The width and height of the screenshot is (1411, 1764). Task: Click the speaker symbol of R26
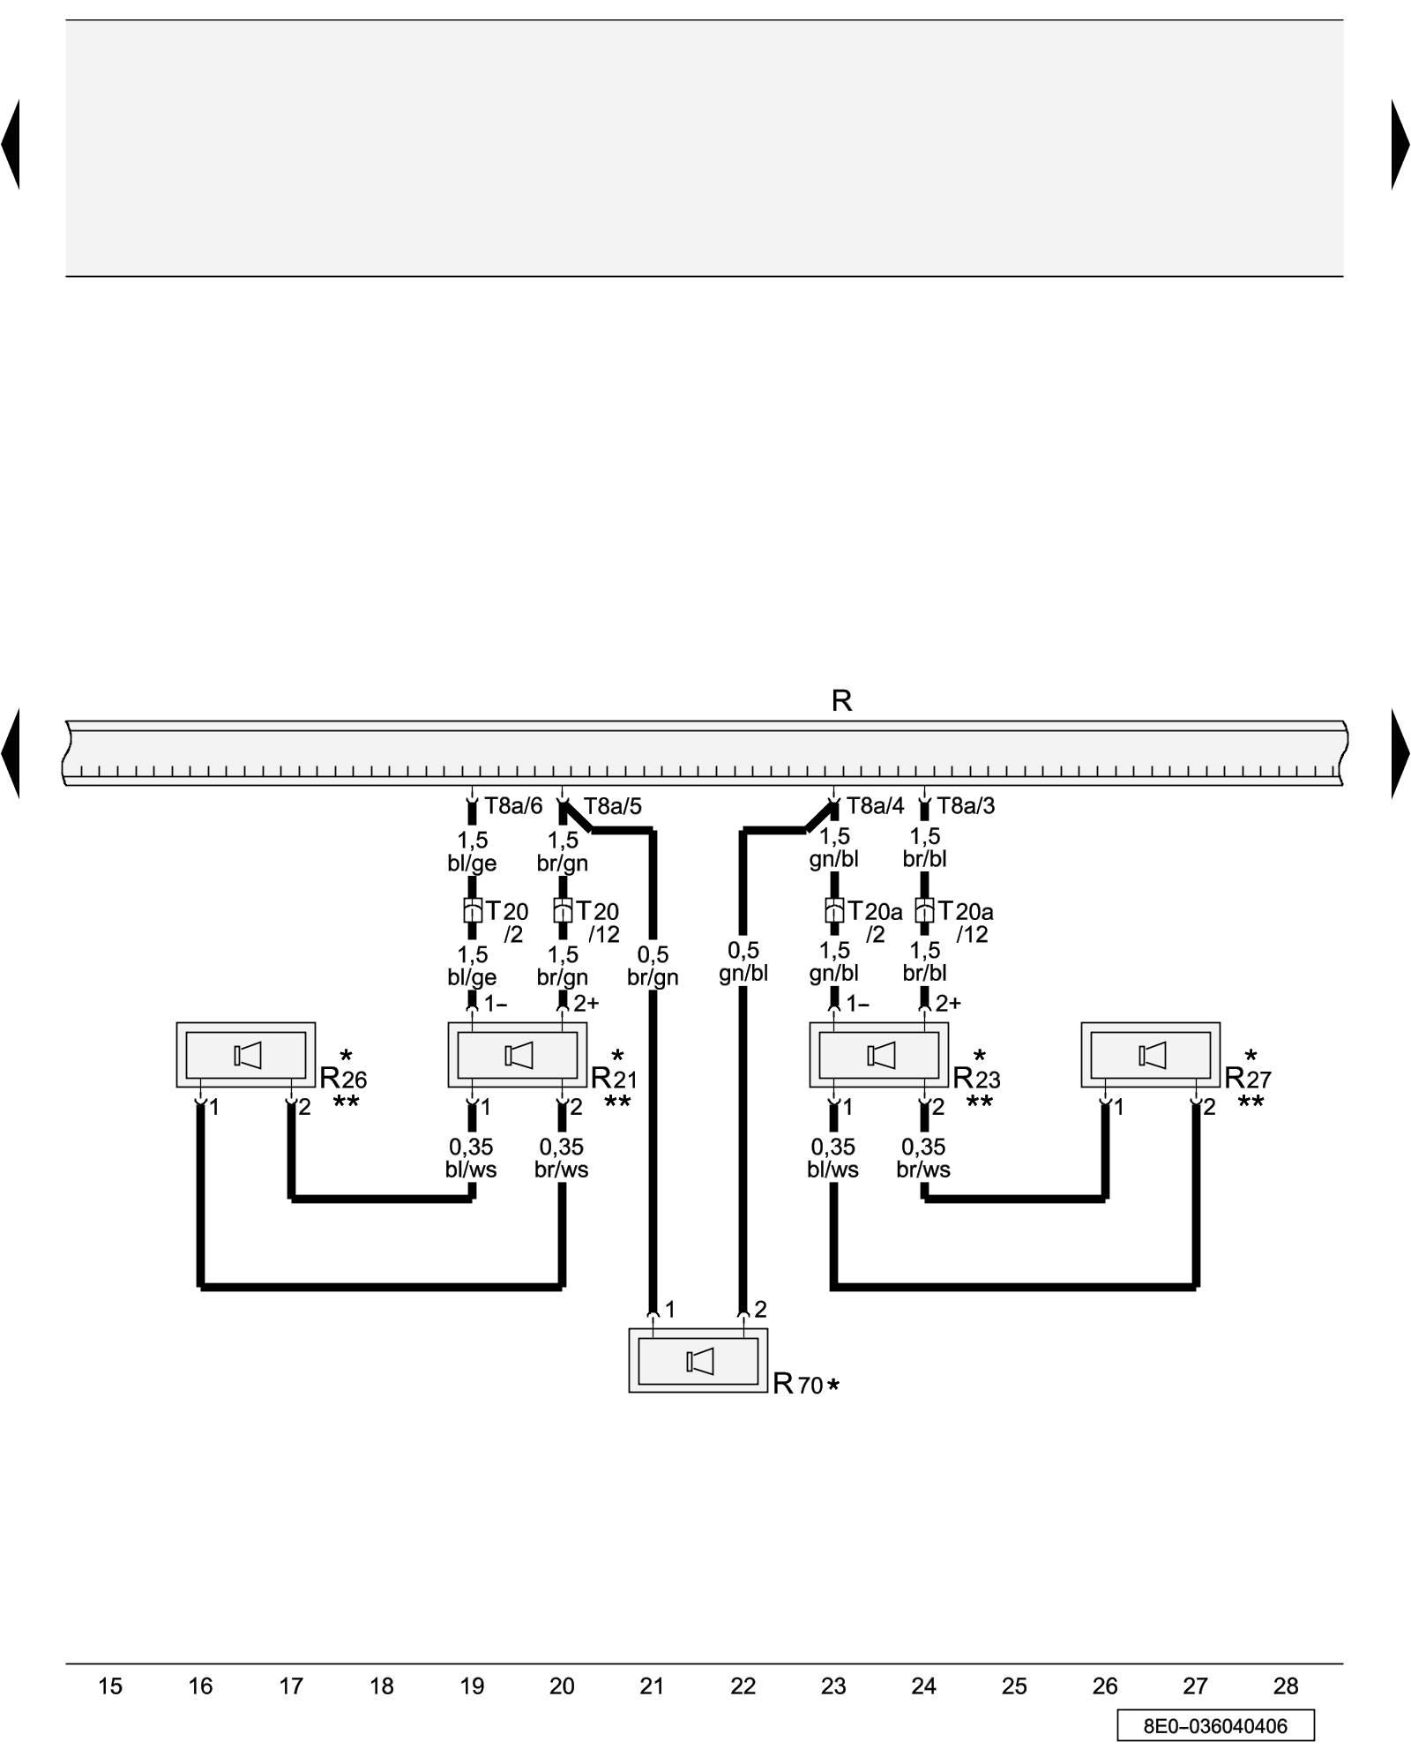point(248,1055)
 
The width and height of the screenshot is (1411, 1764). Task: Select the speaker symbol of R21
point(519,1055)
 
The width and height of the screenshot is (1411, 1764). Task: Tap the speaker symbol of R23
point(881,1055)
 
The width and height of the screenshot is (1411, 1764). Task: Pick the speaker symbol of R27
point(1153,1055)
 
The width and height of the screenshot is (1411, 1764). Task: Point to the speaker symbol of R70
point(700,1362)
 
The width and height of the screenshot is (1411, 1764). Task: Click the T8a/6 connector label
point(513,806)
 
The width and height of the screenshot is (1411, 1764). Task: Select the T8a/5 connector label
point(613,806)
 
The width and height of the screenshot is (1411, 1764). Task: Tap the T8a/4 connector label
point(875,806)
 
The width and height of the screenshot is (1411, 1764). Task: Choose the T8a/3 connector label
point(966,806)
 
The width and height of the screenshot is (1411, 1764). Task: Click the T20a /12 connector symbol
point(924,911)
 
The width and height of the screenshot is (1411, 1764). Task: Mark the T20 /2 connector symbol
point(472,911)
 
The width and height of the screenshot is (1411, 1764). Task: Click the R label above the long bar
point(841,701)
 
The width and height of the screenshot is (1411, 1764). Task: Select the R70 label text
point(798,1384)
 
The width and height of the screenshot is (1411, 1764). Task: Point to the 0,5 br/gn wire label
point(653,966)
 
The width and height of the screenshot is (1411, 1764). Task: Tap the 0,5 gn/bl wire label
point(743,961)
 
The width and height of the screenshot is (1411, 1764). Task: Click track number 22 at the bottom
point(743,1686)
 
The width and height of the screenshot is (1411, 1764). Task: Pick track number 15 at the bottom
point(110,1686)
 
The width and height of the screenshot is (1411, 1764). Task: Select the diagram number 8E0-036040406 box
point(1215,1726)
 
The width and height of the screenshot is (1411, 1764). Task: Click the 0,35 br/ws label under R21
point(562,1158)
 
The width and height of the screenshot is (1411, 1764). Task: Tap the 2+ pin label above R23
point(948,1003)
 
